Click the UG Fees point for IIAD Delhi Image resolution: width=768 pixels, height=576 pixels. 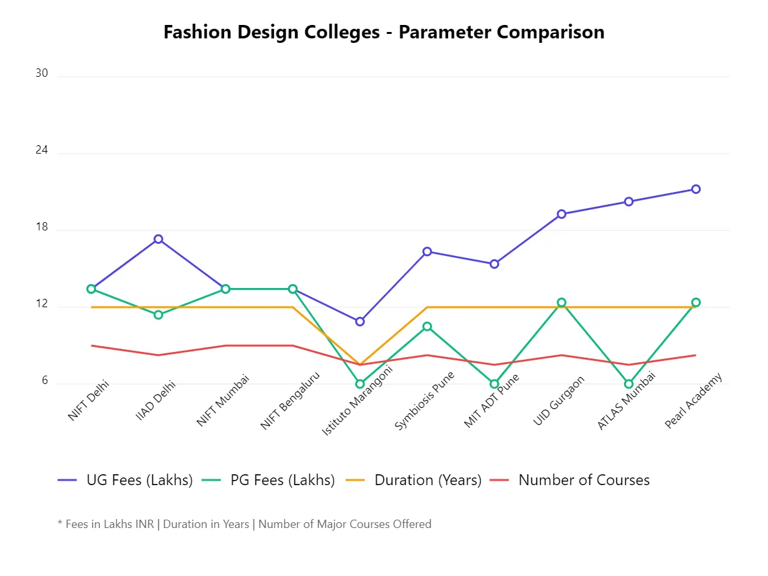(x=158, y=239)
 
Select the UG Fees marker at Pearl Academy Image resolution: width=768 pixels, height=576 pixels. (x=696, y=189)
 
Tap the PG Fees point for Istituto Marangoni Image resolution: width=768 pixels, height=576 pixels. (x=360, y=384)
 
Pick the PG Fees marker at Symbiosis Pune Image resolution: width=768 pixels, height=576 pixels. (x=427, y=326)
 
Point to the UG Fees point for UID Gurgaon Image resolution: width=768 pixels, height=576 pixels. (x=561, y=214)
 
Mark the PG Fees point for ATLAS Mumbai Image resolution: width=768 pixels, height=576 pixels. (x=628, y=384)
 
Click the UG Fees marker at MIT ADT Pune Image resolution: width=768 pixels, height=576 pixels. (x=494, y=264)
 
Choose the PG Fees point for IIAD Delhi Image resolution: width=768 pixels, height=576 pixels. (x=158, y=315)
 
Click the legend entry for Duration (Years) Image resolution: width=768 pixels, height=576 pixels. (x=428, y=480)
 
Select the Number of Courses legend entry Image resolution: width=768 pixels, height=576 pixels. (x=584, y=480)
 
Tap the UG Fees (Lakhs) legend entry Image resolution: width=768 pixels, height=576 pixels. (x=140, y=480)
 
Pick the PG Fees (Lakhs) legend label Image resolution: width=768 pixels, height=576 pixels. (x=282, y=480)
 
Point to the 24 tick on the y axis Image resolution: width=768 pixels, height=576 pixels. (x=42, y=150)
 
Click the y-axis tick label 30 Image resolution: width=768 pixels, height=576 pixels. (x=42, y=74)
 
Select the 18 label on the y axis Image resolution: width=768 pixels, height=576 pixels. (x=42, y=227)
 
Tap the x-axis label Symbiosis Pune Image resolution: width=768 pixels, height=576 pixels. (x=424, y=402)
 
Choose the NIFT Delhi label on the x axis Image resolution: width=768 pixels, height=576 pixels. (x=90, y=399)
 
